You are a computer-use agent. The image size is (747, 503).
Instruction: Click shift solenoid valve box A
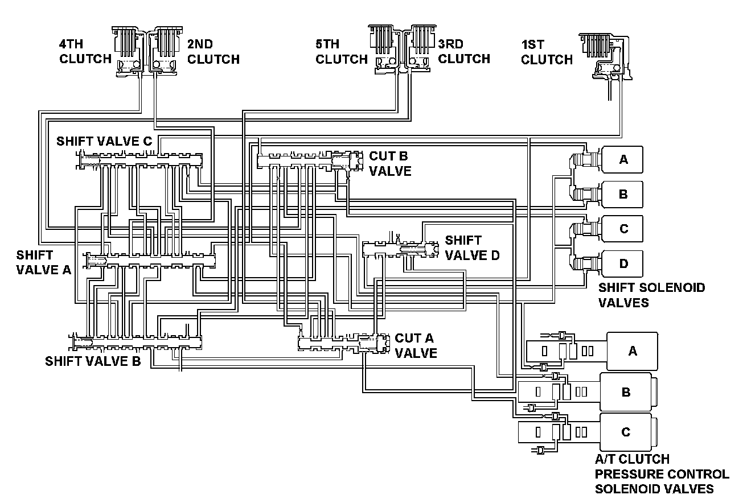pyautogui.click(x=622, y=160)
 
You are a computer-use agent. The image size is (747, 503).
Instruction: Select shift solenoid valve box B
pyautogui.click(x=622, y=195)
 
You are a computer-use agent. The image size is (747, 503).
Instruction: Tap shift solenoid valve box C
pyautogui.click(x=622, y=229)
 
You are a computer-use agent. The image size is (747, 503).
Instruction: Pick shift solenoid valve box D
pyautogui.click(x=622, y=263)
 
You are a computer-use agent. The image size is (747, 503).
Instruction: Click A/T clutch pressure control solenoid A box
pyautogui.click(x=632, y=351)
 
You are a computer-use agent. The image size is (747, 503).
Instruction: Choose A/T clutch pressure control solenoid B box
pyautogui.click(x=626, y=392)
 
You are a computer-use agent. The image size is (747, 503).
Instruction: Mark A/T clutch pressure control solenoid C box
pyautogui.click(x=626, y=432)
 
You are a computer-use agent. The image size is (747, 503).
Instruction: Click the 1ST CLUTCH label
pyautogui.click(x=547, y=52)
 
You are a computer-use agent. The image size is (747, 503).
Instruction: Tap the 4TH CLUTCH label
pyautogui.click(x=85, y=51)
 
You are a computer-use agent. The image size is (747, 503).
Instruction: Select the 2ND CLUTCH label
pyautogui.click(x=213, y=51)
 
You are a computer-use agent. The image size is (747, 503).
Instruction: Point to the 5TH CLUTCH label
pyautogui.click(x=342, y=51)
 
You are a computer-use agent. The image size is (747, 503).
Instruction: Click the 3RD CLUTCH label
pyautogui.click(x=464, y=51)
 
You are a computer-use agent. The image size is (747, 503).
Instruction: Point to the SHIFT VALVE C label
pyautogui.click(x=104, y=141)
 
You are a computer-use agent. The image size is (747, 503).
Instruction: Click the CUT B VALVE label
pyautogui.click(x=391, y=163)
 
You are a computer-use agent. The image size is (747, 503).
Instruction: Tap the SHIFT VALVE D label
pyautogui.click(x=472, y=248)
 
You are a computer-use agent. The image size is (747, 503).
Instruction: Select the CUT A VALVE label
pyautogui.click(x=416, y=346)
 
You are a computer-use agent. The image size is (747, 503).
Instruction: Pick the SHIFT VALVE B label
pyautogui.click(x=93, y=361)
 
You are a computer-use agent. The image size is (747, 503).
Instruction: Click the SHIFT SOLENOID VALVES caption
pyautogui.click(x=651, y=295)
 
